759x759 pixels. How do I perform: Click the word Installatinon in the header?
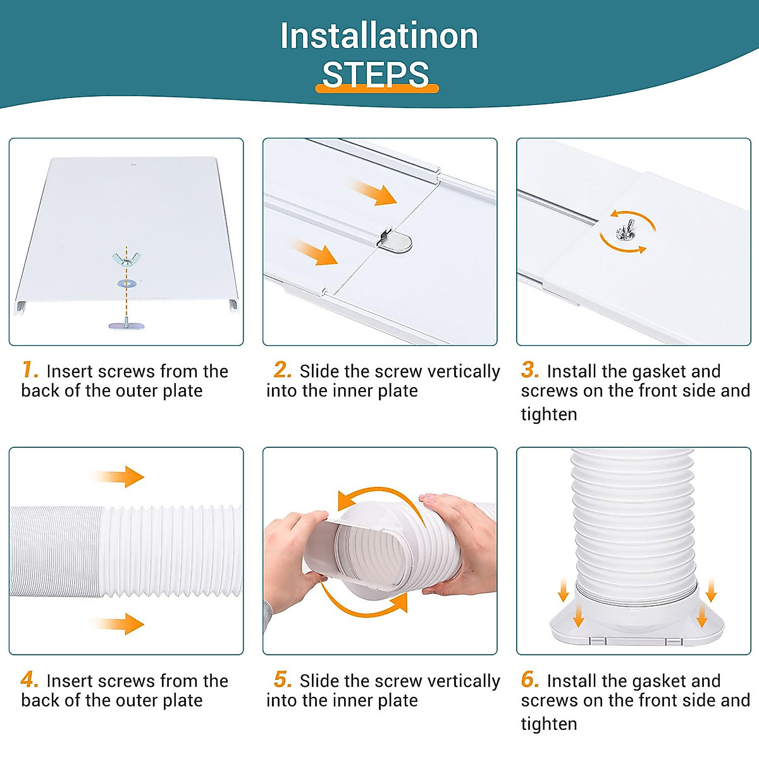coord(379,36)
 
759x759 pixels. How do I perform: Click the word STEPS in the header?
coord(375,75)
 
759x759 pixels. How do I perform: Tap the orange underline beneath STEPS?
coord(377,89)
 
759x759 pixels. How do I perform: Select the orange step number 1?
coord(30,369)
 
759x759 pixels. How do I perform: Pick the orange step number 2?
coord(282,369)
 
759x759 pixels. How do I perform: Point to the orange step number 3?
coord(530,369)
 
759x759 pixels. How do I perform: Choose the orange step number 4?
coord(30,679)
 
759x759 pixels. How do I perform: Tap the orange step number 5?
coord(283,679)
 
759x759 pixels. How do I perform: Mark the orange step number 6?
coord(530,679)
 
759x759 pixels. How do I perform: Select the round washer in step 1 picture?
coord(126,283)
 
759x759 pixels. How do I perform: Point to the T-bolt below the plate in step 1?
coord(126,324)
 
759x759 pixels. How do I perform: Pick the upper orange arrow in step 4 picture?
coord(118,477)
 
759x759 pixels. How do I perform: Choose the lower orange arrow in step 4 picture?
coord(118,624)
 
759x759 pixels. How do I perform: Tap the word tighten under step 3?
coord(549,414)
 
